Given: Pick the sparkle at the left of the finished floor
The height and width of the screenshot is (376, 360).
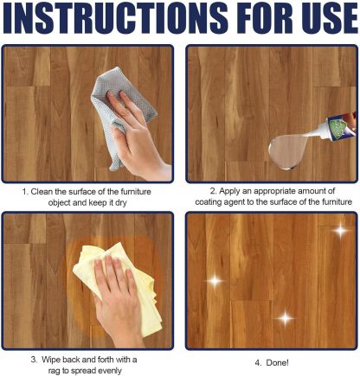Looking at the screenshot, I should click(212, 279).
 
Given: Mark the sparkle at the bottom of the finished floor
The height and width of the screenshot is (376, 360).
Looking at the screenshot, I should click(284, 318).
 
